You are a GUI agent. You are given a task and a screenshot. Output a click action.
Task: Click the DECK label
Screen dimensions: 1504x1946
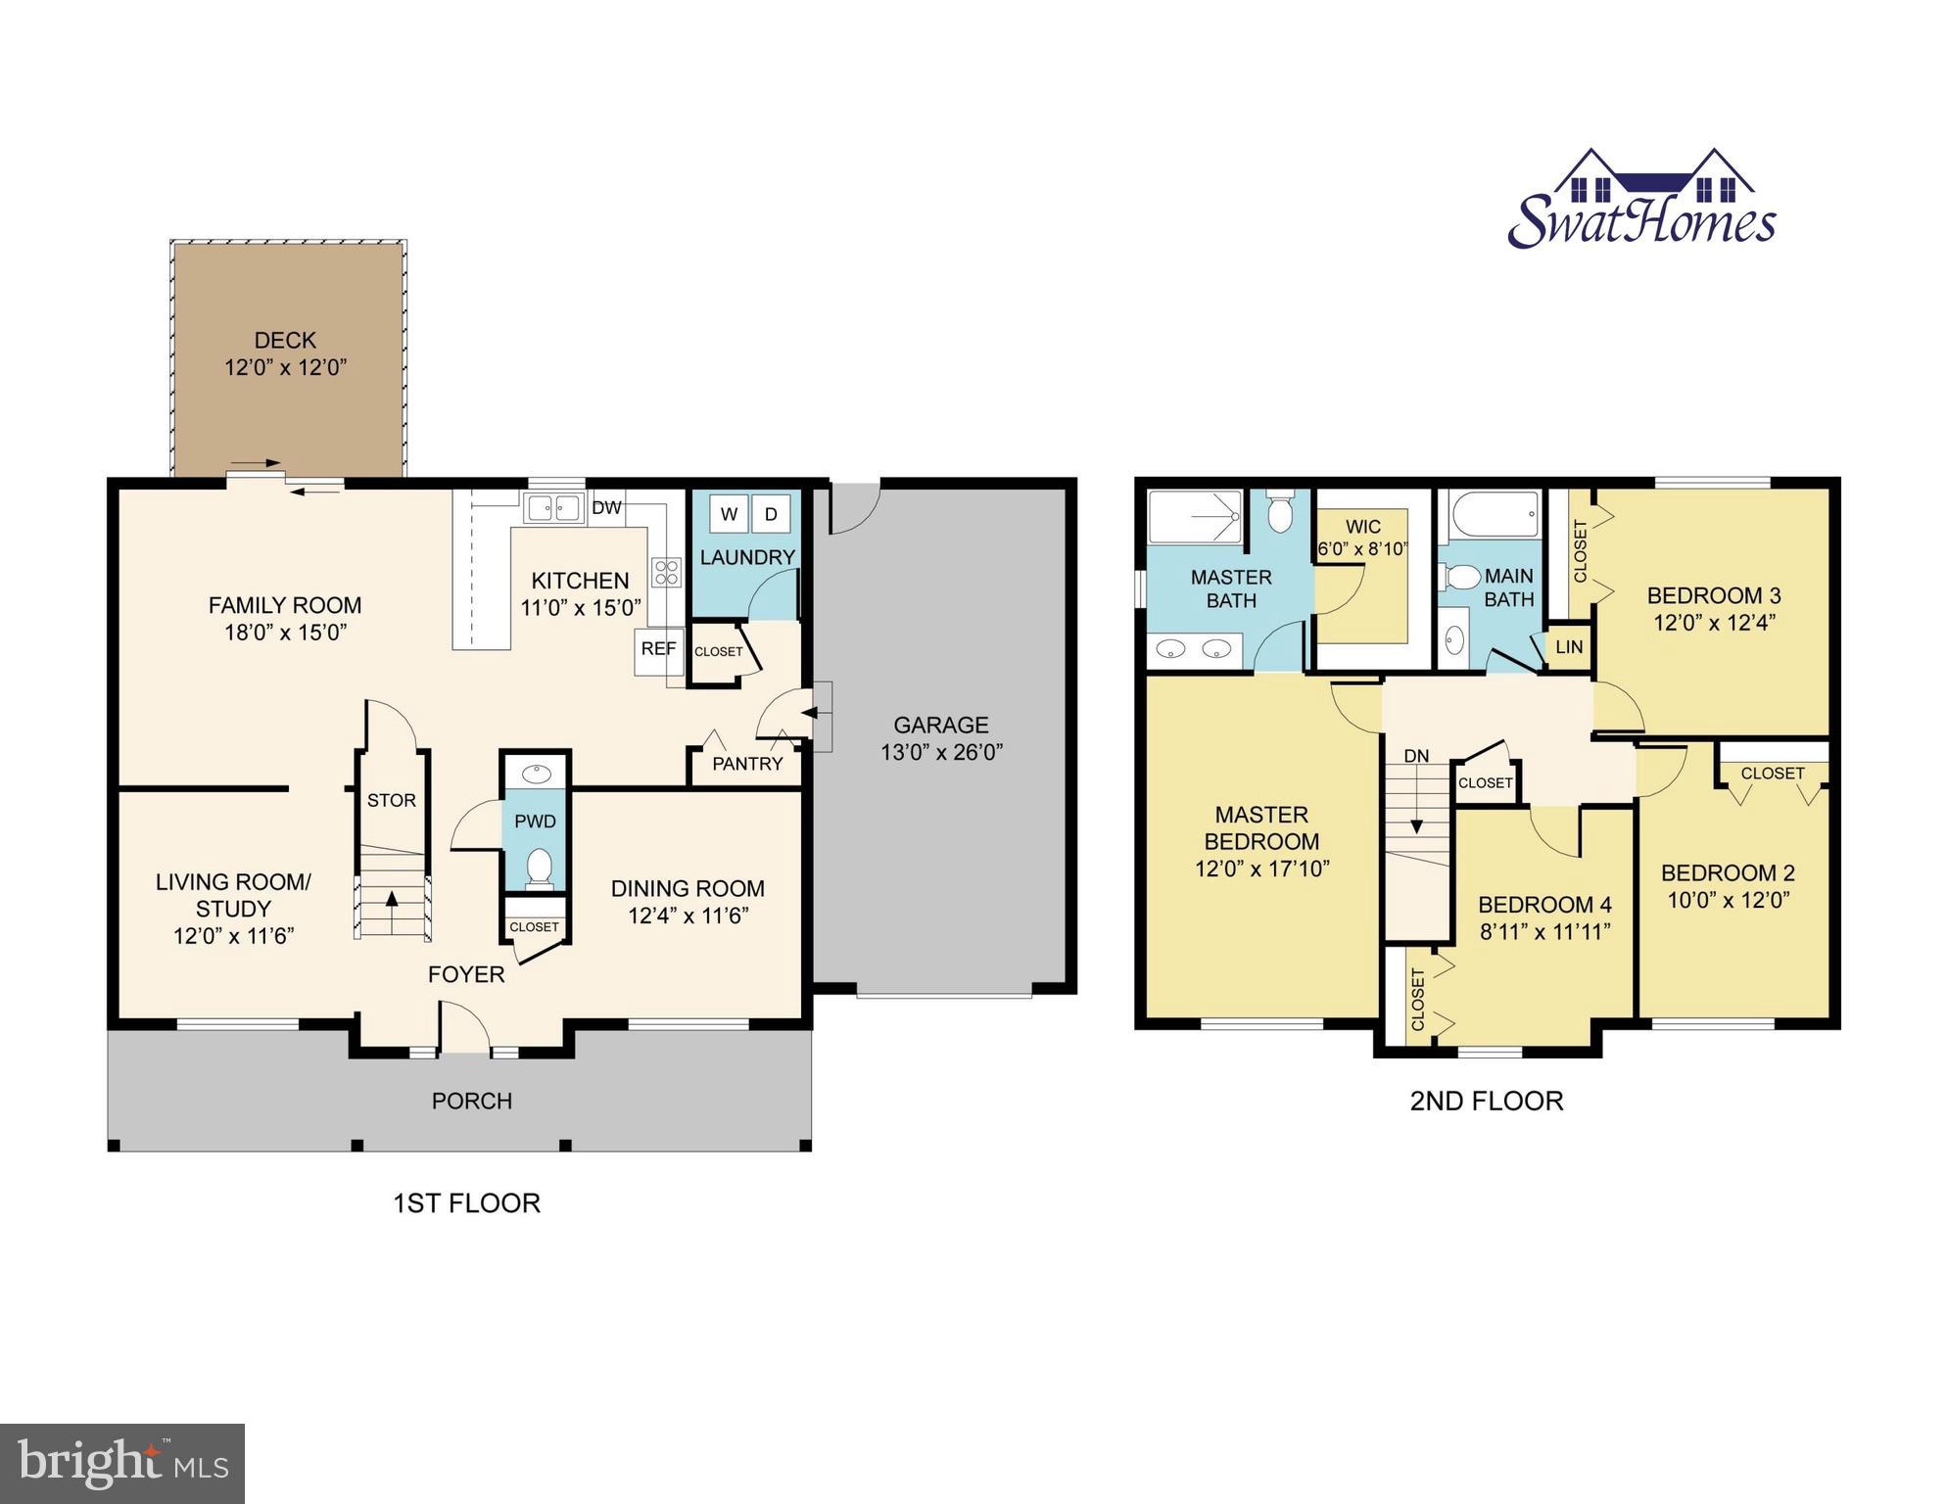click(x=285, y=340)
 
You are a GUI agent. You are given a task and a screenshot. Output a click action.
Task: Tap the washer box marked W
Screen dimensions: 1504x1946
click(x=729, y=514)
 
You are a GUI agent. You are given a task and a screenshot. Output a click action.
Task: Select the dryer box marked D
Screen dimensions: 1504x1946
click(x=771, y=514)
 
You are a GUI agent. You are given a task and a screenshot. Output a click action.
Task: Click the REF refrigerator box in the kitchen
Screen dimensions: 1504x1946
click(x=658, y=649)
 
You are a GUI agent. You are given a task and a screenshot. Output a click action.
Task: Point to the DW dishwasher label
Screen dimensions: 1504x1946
click(x=607, y=507)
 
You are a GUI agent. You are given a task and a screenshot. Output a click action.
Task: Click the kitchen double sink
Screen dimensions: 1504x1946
click(x=554, y=508)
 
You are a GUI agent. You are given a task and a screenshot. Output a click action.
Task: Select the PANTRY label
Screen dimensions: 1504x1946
click(x=747, y=764)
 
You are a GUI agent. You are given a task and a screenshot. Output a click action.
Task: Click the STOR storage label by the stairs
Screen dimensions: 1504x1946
click(x=392, y=800)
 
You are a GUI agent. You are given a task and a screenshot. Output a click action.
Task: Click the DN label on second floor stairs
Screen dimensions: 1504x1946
click(x=1416, y=756)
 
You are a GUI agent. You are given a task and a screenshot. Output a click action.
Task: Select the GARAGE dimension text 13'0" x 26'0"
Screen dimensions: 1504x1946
click(x=941, y=752)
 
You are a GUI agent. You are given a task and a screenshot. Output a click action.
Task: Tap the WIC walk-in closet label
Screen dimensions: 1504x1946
click(x=1362, y=527)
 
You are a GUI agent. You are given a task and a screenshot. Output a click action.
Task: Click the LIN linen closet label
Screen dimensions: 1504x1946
click(x=1569, y=647)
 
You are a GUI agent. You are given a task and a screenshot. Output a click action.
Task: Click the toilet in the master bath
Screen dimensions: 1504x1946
click(x=1280, y=512)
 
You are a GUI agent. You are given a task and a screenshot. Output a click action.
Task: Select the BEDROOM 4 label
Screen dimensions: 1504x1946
click(x=1544, y=905)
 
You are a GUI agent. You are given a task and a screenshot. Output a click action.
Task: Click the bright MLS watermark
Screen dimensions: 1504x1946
click(x=122, y=1463)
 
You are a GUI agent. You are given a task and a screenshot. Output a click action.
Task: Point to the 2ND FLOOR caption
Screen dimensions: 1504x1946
click(x=1486, y=1101)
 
